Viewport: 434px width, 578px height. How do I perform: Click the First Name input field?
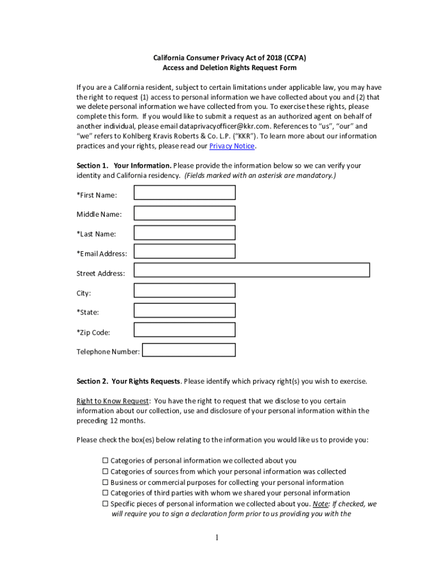[184, 193]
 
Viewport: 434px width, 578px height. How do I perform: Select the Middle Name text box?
[184, 213]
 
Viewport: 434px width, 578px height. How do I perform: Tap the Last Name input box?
[184, 233]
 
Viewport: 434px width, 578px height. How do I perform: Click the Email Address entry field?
[184, 252]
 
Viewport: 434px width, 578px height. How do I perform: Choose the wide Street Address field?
[251, 270]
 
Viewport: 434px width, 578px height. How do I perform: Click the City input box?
[184, 291]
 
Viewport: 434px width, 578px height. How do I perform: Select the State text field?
[184, 310]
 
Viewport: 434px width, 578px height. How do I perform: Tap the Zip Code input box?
[184, 330]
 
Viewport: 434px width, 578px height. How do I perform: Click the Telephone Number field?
[189, 350]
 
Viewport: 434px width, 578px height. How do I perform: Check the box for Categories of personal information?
[105, 461]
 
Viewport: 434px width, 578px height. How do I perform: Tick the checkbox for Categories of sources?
[105, 471]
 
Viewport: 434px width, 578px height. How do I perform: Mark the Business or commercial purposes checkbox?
[105, 483]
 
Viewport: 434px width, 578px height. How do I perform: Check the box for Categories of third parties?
[105, 493]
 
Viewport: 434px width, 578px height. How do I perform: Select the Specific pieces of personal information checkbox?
[105, 503]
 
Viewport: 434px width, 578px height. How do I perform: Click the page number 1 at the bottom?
[217, 538]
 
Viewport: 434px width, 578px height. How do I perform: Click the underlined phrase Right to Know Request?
[113, 401]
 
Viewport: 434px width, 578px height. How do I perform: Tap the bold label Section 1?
[92, 166]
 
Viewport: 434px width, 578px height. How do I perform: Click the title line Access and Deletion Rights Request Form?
[229, 68]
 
